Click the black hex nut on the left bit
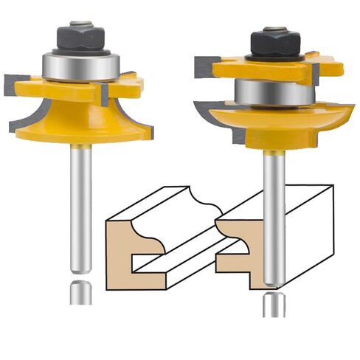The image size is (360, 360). tap(77, 37)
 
